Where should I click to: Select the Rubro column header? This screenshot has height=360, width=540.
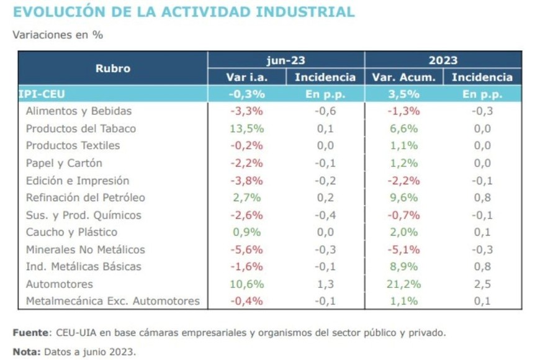[x=113, y=68]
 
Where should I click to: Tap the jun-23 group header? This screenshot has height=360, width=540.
[x=286, y=60]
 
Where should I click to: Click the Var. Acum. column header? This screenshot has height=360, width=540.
[x=403, y=78]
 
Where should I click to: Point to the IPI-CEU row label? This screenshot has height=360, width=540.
[x=42, y=94]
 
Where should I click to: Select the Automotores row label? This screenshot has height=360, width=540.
[x=60, y=284]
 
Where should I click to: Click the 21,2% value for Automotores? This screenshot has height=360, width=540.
[x=403, y=284]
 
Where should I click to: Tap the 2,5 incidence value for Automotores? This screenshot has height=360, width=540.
[x=482, y=284]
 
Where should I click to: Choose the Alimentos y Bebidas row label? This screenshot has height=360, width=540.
[x=79, y=112]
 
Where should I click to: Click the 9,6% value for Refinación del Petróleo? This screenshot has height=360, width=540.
[x=403, y=198]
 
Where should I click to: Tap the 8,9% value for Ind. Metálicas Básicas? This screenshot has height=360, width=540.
[x=403, y=267]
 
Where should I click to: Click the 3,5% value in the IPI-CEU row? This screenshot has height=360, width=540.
[x=403, y=94]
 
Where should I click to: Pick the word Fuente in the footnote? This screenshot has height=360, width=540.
[x=30, y=332]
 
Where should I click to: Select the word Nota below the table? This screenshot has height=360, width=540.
[x=27, y=351]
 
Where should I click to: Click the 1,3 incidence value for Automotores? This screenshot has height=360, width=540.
[x=325, y=284]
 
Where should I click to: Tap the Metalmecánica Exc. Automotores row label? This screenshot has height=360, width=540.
[x=113, y=302]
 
